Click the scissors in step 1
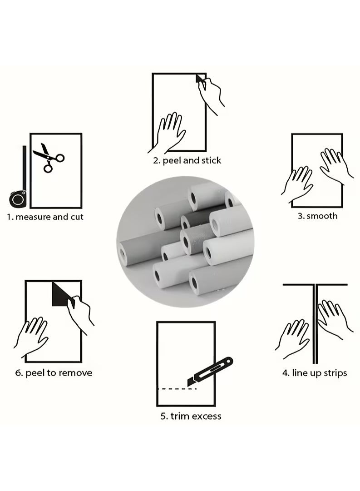49,158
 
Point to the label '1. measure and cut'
45,217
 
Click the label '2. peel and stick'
187,161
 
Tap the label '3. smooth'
317,216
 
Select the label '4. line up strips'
315,373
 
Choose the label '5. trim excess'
191,416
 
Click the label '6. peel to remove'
54,373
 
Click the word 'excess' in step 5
207,417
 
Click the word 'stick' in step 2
211,160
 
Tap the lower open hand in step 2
168,133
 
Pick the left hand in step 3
298,185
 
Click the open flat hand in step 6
32,337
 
